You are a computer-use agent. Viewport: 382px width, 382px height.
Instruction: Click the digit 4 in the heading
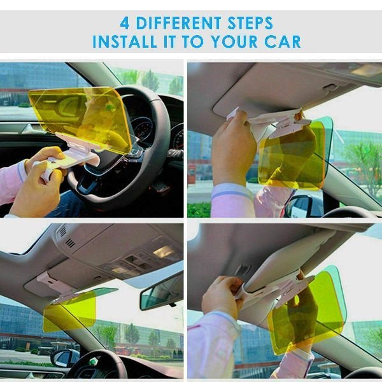click(125, 23)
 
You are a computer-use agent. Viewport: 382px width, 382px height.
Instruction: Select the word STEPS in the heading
click(250, 23)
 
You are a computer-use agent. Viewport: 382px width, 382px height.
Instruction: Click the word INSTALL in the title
click(125, 41)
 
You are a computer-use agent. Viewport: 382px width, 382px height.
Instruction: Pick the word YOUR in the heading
click(234, 41)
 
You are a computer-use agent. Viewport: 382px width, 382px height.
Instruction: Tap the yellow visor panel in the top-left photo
click(80, 117)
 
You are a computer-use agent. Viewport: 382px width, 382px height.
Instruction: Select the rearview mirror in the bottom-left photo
click(161, 291)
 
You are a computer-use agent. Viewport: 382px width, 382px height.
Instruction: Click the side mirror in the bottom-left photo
click(65, 358)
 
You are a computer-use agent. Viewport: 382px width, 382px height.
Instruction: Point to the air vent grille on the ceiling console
click(70, 243)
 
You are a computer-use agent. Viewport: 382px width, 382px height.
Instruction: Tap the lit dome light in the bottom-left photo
click(164, 252)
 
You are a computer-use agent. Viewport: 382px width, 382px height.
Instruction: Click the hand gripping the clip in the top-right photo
click(234, 146)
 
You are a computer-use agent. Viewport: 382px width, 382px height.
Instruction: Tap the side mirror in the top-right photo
click(302, 206)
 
